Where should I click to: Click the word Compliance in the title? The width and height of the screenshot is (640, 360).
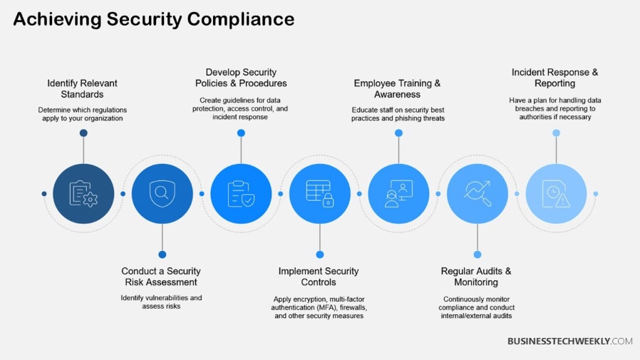[241, 19]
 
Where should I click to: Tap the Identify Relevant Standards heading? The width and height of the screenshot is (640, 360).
[82, 88]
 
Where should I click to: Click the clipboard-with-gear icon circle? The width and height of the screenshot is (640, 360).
[83, 193]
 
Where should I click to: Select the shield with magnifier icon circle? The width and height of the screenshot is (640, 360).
[162, 193]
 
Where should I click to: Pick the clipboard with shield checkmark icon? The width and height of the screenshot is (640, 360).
[241, 193]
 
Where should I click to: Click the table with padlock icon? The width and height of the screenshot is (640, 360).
[320, 193]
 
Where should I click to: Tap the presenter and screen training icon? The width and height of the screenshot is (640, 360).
[399, 193]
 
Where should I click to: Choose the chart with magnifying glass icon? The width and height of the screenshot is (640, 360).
[478, 193]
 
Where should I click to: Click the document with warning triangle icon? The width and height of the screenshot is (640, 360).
[557, 193]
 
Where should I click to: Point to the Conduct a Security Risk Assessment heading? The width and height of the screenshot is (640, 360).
[161, 277]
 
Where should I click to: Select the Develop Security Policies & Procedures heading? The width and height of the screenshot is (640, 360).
[241, 78]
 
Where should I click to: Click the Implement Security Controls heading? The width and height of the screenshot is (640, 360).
[319, 277]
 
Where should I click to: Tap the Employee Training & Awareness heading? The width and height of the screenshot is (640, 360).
[397, 88]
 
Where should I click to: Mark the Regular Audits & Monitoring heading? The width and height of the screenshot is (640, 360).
[476, 277]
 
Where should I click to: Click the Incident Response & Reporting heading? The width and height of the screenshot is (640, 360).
[554, 78]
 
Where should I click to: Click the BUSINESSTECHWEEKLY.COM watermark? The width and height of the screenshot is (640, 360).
[569, 341]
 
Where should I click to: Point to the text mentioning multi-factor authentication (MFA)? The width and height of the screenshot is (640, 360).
[319, 307]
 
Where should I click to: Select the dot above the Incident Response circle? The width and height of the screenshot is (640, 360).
[557, 133]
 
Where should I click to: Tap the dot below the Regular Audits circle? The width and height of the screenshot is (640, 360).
[478, 254]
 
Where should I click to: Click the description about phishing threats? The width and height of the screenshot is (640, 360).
[398, 114]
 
